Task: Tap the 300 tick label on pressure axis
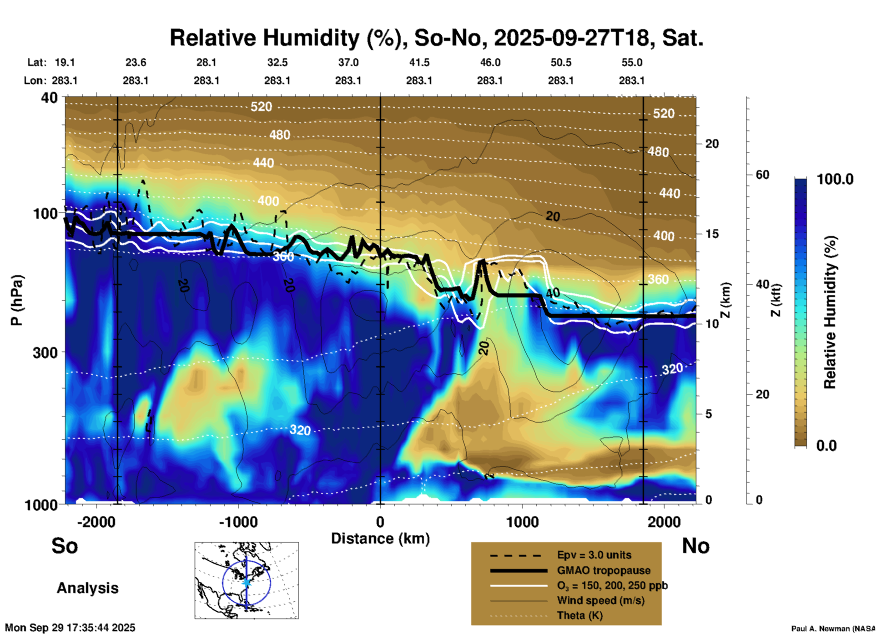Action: pos(45,352)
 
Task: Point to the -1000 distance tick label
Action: pos(238,522)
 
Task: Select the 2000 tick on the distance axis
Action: pos(664,522)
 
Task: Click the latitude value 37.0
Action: pos(348,62)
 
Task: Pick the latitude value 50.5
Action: pos(561,62)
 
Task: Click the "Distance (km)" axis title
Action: pos(380,538)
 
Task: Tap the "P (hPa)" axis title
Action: pos(17,300)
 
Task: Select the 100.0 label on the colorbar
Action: pos(835,179)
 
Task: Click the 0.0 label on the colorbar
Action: pos(826,445)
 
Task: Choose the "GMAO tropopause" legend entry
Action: pos(604,570)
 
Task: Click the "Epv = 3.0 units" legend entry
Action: pos(594,555)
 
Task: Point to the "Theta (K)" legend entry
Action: pos(580,616)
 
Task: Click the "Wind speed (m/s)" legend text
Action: pos(600,600)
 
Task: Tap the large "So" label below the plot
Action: pos(65,546)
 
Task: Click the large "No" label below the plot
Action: pos(695,546)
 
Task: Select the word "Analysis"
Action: pos(87,588)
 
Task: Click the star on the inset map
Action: pos(247,582)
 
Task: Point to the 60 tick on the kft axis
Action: pos(762,175)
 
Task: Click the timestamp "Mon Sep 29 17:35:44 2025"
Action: pos(70,628)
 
